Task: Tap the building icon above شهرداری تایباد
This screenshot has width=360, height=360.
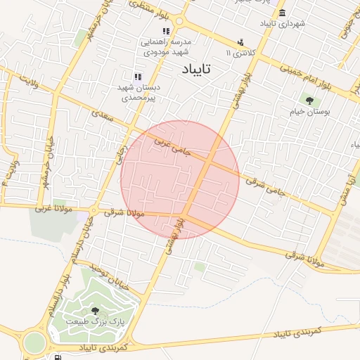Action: click(x=282, y=13)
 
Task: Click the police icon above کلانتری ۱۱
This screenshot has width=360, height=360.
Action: click(x=241, y=42)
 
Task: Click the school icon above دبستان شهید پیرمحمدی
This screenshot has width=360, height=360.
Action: click(x=138, y=77)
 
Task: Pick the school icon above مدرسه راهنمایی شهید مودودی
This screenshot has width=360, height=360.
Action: click(x=166, y=32)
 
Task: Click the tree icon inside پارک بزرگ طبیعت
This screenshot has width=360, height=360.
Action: click(x=95, y=310)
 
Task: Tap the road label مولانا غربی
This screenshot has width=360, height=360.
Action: click(x=53, y=209)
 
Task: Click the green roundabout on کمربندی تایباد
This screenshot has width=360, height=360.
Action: click(x=33, y=344)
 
